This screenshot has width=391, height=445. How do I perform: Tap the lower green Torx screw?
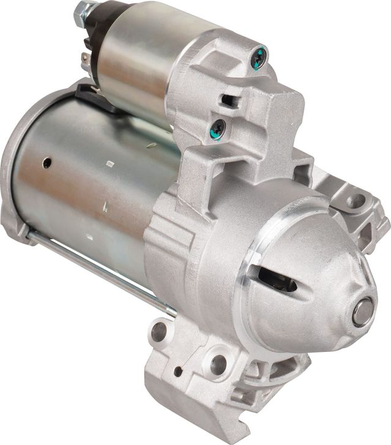click(218, 128)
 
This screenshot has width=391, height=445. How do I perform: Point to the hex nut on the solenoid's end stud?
click(82, 10)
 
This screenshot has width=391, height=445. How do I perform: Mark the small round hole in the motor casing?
click(46, 163)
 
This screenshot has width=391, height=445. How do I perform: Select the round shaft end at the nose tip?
click(362, 312)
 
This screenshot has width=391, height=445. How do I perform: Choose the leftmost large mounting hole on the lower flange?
click(158, 332)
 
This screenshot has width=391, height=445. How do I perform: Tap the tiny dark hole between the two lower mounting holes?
click(178, 371)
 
